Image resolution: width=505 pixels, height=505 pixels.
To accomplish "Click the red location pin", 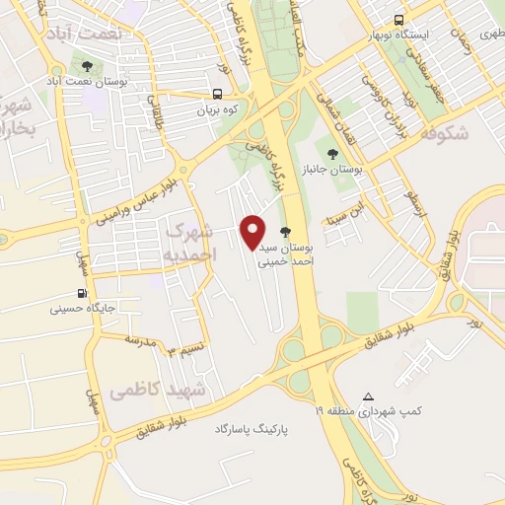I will (253, 232).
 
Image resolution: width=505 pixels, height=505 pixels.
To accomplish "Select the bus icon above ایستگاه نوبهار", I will (399, 20).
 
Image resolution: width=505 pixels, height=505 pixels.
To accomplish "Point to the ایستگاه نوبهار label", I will (401, 35).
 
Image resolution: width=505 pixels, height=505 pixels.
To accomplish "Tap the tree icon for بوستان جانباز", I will (332, 153).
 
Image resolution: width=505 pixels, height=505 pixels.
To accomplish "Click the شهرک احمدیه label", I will (188, 242).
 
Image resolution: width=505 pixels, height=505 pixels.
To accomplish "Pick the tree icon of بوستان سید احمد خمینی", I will (286, 233).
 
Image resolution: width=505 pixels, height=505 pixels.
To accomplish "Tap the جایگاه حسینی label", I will (83, 309).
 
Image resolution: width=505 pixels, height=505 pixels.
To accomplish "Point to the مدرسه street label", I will (140, 339).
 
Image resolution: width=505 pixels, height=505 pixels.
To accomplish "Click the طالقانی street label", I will (154, 111).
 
